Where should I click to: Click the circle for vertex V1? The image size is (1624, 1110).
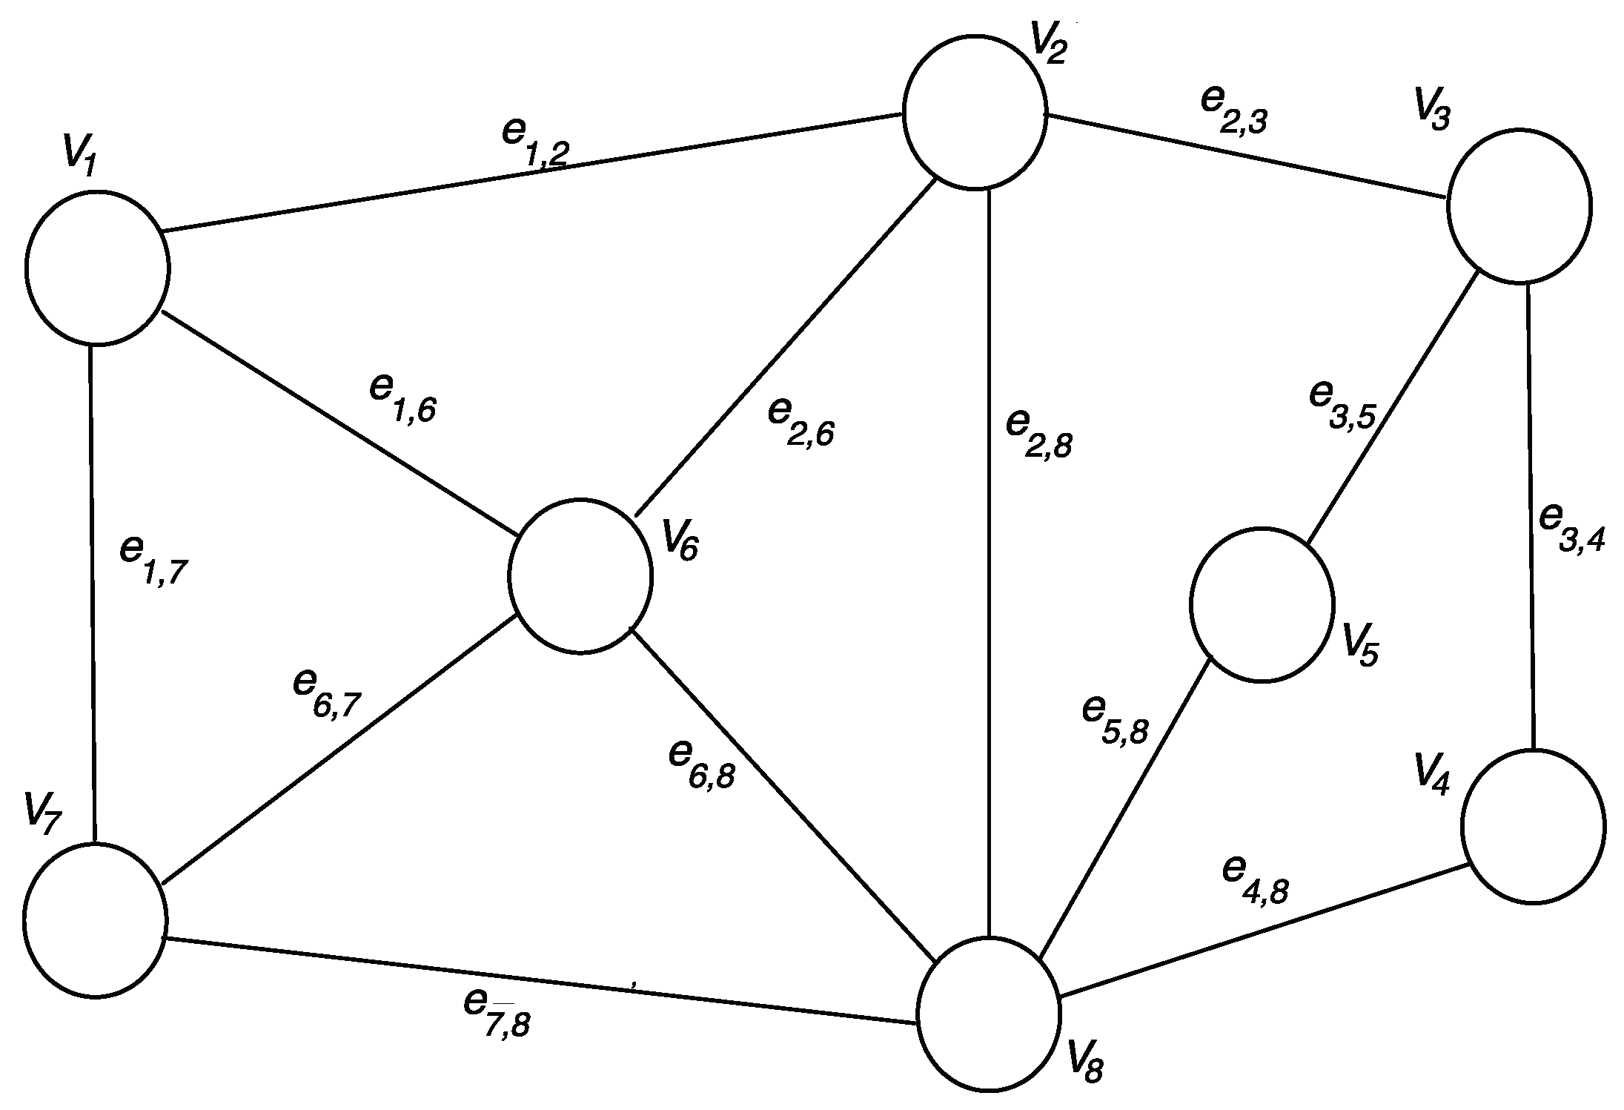click(97, 268)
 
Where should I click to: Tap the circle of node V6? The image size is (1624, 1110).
click(580, 576)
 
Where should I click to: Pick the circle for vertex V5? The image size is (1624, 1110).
click(1262, 604)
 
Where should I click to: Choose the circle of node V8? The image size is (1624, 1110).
click(989, 1013)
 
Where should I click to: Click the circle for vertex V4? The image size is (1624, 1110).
click(1533, 826)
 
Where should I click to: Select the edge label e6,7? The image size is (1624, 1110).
click(327, 693)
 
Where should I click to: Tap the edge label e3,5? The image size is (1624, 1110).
click(1342, 404)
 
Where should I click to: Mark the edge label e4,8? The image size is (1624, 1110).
click(1256, 880)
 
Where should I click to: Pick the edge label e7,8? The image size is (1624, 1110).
click(497, 1013)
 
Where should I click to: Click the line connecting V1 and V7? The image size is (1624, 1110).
click(93, 593)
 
